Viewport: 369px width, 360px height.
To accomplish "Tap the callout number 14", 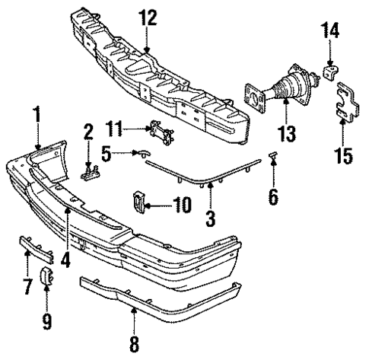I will click(330, 32).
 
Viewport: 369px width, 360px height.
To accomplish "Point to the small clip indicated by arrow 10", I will click(140, 200).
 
